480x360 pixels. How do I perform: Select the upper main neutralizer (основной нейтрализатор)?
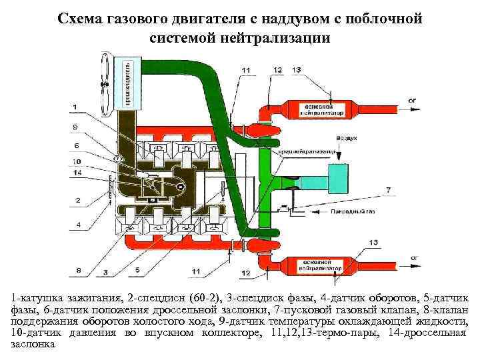[319, 110]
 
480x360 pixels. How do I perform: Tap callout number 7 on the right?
[389, 190]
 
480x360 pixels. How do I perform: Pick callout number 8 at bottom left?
[79, 271]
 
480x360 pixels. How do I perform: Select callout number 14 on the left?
[77, 173]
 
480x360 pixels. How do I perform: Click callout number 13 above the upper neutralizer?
[296, 69]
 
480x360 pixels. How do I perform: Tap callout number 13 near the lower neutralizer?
[373, 241]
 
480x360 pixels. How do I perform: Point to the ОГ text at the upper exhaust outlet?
[413, 100]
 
